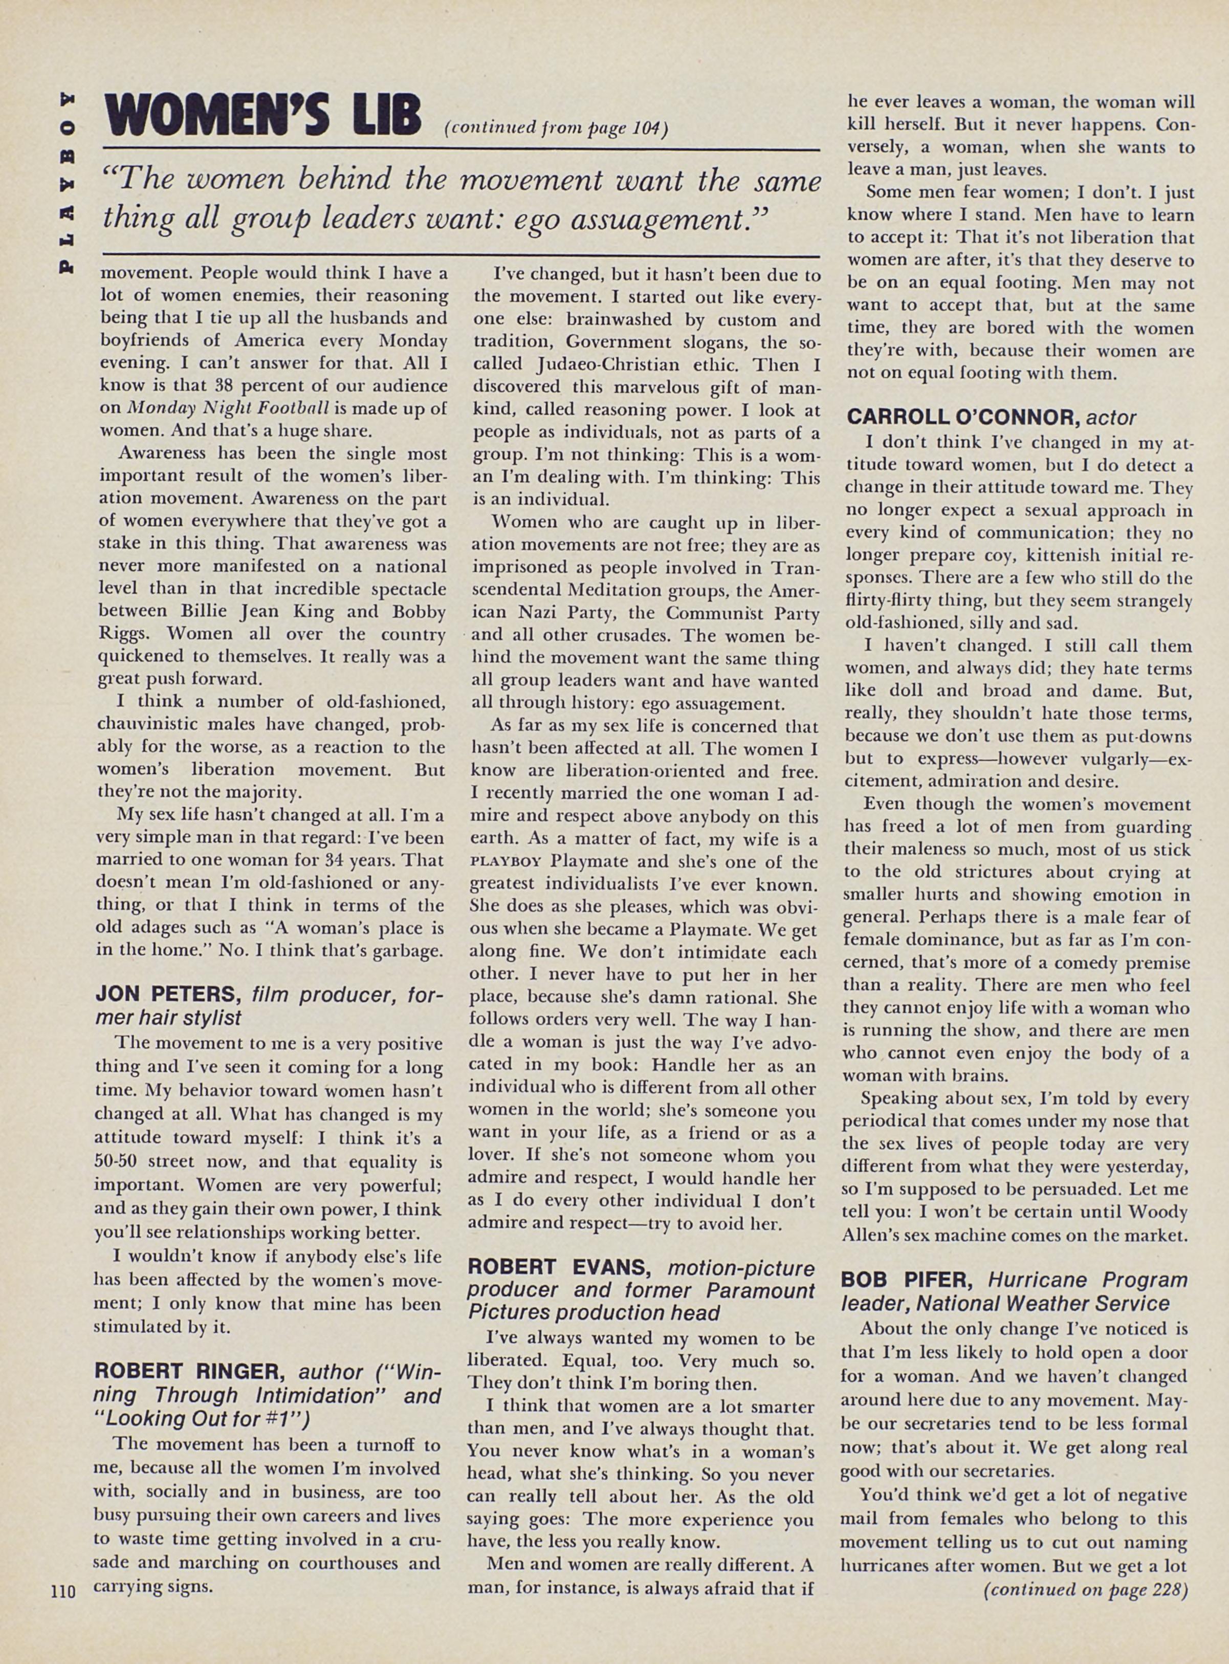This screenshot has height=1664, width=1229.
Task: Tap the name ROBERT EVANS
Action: [x=564, y=1267]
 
